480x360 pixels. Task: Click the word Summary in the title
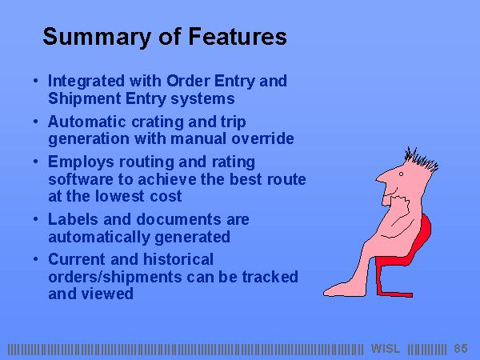[x=97, y=37]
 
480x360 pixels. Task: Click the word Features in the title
[x=238, y=37]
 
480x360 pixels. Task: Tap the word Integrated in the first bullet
[x=86, y=82]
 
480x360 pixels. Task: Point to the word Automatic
[x=87, y=122]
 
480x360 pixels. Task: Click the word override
[x=262, y=138]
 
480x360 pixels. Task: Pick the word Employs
[x=81, y=162]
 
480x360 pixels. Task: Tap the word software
[x=81, y=179]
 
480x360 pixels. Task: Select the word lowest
[x=119, y=196]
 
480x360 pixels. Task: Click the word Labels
[x=73, y=219]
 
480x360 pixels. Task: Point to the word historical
[x=178, y=259]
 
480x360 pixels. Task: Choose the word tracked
[x=270, y=277]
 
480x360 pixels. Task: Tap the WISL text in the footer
[x=386, y=349]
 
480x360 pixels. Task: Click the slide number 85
[x=461, y=349]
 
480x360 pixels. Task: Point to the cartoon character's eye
[x=401, y=174]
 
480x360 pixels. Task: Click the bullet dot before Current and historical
[x=36, y=259]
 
